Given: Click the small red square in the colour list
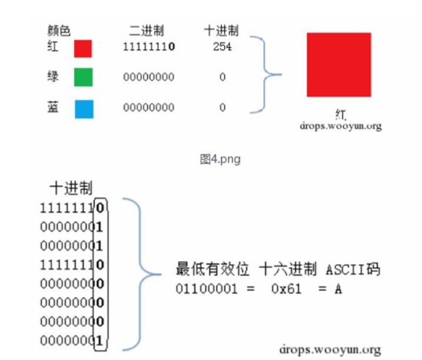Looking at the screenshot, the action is (83, 48).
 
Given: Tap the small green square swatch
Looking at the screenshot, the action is (83, 77).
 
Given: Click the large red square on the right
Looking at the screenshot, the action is (338, 64).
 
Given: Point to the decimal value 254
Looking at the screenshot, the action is (222, 47).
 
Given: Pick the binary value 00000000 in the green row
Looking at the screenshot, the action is (148, 77).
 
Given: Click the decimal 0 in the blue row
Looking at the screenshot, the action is (222, 108).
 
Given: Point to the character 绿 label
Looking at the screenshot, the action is (53, 76).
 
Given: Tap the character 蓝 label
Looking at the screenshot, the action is (53, 108).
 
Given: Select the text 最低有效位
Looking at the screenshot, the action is (211, 270).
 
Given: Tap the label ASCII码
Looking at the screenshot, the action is (352, 270).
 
